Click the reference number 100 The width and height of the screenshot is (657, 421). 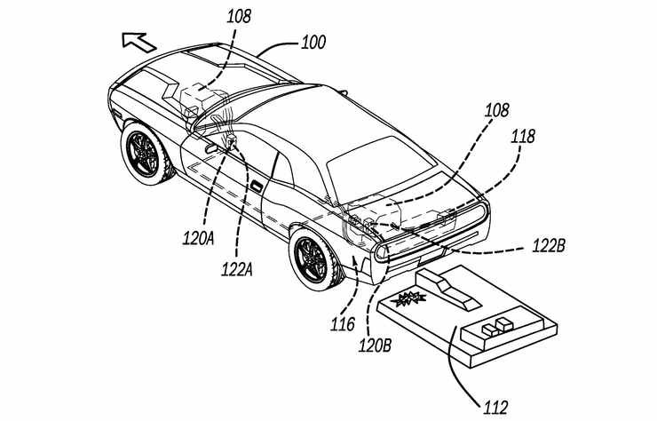click(313, 43)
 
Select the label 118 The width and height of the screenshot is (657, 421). click(523, 137)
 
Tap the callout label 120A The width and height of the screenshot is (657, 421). click(198, 238)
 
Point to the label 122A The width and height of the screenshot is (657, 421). click(237, 269)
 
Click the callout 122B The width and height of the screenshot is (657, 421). click(549, 246)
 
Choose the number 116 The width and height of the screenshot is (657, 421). click(343, 324)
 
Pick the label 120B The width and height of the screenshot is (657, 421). click(375, 346)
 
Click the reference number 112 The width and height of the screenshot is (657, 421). click(495, 407)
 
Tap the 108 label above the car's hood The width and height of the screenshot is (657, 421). click(239, 16)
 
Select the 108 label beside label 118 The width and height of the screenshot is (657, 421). click(497, 110)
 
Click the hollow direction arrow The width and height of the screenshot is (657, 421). click(139, 43)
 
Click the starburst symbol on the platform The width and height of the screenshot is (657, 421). click(408, 298)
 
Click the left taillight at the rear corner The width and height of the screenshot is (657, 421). click(382, 253)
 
